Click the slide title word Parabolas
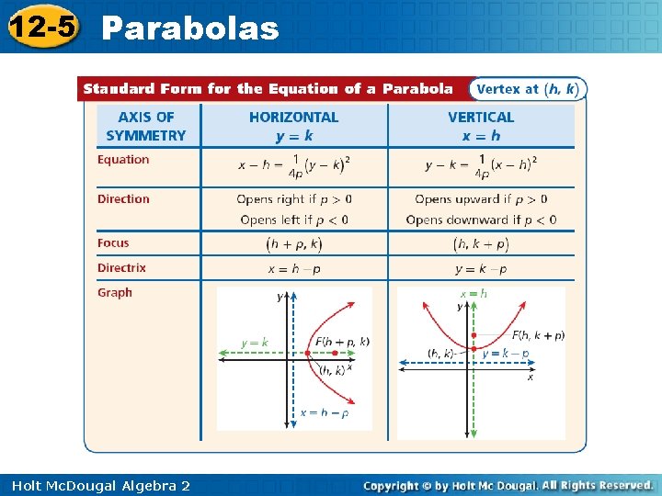189,28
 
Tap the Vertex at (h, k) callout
527,89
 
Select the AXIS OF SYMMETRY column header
146,126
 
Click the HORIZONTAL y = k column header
293,126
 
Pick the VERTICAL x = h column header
481,126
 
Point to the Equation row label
123,160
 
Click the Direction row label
123,199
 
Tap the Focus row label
114,243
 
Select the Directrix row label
121,268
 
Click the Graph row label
115,293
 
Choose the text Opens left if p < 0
294,220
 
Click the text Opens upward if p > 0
481,199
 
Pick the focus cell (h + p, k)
294,244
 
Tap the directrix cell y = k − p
481,269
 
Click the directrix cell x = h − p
294,269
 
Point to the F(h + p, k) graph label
342,341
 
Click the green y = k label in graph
255,344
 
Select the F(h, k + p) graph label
538,335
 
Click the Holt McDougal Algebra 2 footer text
101,485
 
